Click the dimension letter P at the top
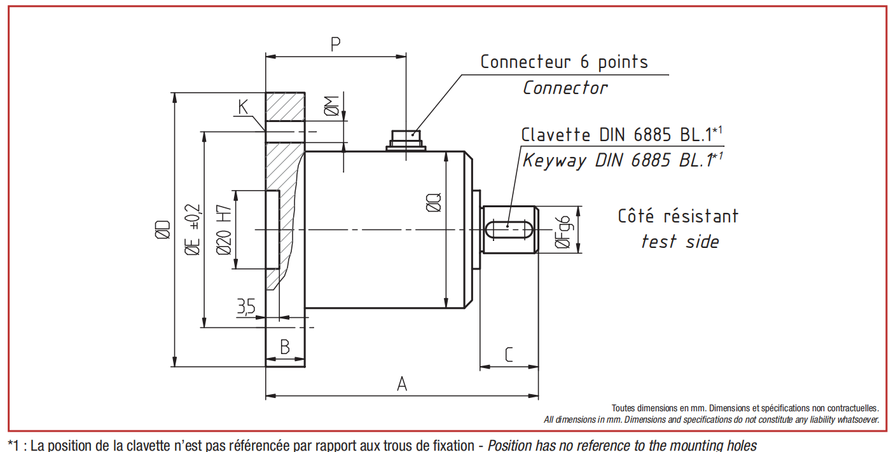[x=335, y=44]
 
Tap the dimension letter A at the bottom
[x=402, y=384]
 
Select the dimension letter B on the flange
[x=285, y=347]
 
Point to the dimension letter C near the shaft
[x=508, y=355]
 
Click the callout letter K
[x=243, y=107]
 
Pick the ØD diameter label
[x=163, y=229]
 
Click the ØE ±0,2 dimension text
[x=193, y=229]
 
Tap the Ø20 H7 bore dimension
[x=224, y=229]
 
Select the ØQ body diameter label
[x=434, y=202]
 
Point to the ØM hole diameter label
[x=331, y=106]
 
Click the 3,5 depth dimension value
[x=246, y=306]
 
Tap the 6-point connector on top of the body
[x=406, y=140]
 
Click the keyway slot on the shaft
[x=508, y=229]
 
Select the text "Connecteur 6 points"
[x=564, y=62]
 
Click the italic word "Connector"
[x=565, y=88]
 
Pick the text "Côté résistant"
[x=678, y=216]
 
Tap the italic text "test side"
[x=680, y=242]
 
